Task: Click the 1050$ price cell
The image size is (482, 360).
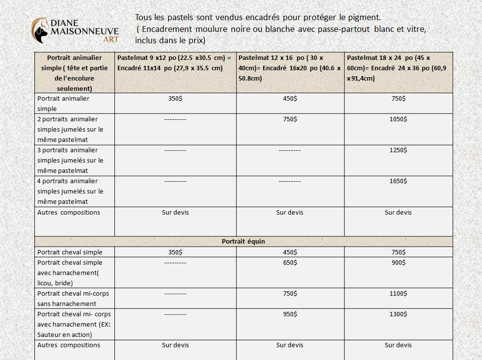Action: click(x=398, y=119)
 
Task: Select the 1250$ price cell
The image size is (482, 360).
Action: click(x=398, y=150)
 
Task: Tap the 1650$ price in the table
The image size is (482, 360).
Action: click(x=398, y=181)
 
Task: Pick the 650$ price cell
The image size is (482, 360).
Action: click(x=290, y=263)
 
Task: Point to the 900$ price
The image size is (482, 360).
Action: click(x=398, y=263)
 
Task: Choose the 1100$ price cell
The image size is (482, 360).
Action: click(x=398, y=294)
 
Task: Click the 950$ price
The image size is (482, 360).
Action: click(x=290, y=314)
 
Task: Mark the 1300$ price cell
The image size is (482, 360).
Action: click(x=398, y=314)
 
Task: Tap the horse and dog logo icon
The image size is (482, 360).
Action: click(x=41, y=30)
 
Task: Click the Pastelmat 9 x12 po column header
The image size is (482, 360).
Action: click(x=174, y=63)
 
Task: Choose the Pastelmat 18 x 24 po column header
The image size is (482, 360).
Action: click(x=397, y=68)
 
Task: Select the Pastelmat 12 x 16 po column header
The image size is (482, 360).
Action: click(x=290, y=68)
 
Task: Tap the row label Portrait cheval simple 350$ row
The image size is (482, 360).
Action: click(x=70, y=252)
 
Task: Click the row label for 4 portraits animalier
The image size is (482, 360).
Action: click(x=70, y=192)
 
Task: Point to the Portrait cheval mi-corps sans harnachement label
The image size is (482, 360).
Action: click(x=73, y=299)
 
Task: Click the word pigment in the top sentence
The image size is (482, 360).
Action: click(x=364, y=18)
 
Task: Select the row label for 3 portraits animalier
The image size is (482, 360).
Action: click(x=70, y=161)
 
